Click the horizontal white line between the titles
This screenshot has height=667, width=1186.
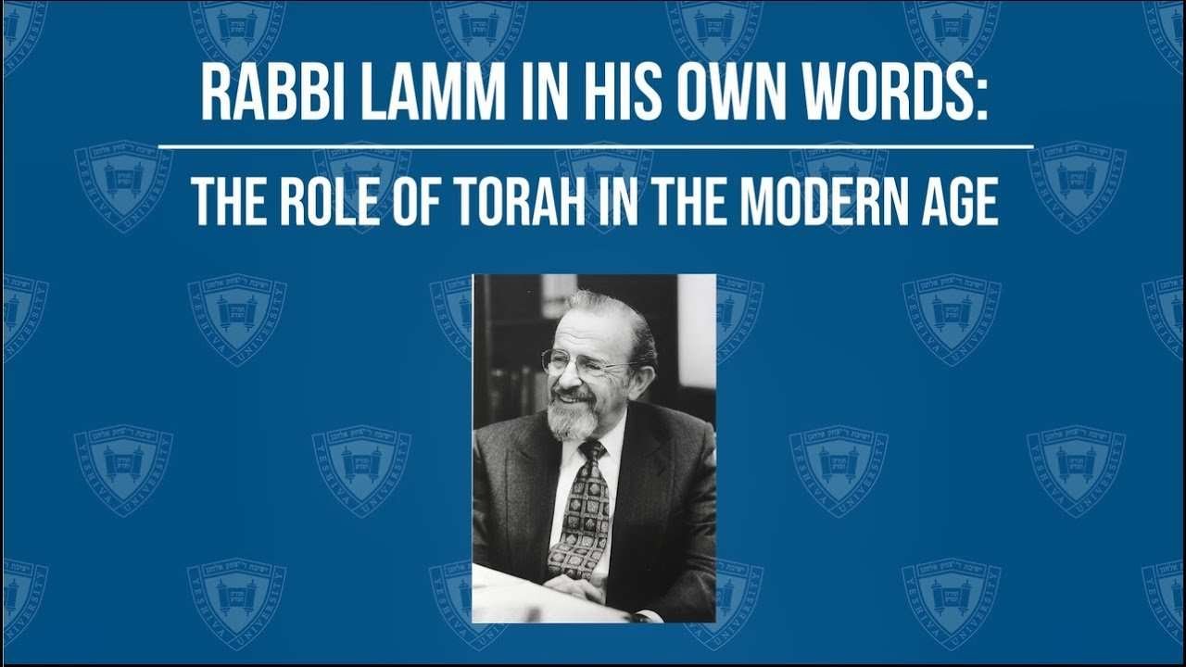596,146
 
